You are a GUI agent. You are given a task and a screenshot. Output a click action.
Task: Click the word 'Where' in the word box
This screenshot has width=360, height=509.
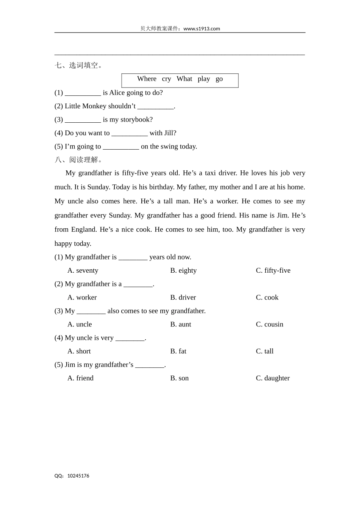click(147, 79)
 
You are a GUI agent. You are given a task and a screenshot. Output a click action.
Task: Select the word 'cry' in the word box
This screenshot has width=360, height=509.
click(166, 79)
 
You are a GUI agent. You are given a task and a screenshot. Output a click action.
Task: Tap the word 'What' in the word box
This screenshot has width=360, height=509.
click(184, 79)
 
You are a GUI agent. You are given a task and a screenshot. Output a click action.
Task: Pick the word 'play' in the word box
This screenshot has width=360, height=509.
click(203, 79)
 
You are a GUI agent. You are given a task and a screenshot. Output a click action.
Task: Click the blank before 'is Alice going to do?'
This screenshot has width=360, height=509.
click(83, 93)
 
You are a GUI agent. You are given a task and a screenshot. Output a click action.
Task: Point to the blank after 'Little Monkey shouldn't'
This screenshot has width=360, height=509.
click(155, 106)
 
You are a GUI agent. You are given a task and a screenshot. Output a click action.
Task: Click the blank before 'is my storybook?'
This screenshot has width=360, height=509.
click(83, 120)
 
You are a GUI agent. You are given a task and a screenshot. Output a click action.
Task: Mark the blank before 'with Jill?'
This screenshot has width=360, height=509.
click(130, 133)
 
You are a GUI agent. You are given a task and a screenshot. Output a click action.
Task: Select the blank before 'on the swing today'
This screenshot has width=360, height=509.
click(121, 147)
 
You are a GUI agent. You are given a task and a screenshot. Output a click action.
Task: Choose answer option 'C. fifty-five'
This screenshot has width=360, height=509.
click(273, 270)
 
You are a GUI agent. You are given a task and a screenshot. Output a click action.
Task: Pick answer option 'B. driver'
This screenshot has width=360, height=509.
click(183, 297)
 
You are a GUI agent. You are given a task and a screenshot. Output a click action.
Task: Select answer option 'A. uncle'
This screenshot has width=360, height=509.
click(80, 324)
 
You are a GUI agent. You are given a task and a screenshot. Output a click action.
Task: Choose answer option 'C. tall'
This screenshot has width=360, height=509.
click(265, 351)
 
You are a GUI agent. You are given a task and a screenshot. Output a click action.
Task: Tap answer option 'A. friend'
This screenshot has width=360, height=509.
click(80, 378)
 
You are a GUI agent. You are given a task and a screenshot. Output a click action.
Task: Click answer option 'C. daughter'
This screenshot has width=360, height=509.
click(272, 378)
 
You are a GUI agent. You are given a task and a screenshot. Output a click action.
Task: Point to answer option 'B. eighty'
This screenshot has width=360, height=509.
click(183, 270)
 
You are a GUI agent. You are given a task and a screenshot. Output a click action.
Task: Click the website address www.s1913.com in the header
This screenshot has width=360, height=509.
click(202, 29)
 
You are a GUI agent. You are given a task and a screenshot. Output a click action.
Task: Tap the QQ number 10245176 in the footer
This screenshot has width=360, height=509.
click(78, 476)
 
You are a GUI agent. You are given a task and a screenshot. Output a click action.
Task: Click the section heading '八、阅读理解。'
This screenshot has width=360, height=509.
click(79, 160)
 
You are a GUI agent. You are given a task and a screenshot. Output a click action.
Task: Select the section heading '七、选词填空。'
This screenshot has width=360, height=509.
click(79, 66)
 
